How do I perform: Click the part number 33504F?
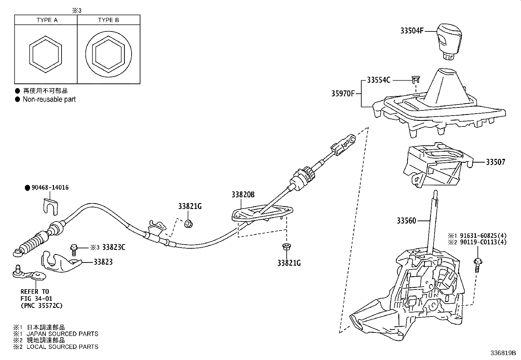click(412, 31)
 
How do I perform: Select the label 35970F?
click(343, 94)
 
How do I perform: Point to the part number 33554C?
click(378, 80)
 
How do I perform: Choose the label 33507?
click(496, 162)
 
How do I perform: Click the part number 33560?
click(406, 221)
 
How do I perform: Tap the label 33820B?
click(243, 195)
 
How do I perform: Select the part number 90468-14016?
click(50, 187)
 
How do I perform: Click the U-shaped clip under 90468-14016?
click(51, 207)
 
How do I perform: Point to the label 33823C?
click(114, 247)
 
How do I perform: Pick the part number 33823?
click(103, 262)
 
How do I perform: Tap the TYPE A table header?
click(47, 20)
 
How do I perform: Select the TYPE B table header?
click(108, 20)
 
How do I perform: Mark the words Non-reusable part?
click(49, 100)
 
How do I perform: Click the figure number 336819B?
click(503, 353)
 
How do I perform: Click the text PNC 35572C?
click(42, 306)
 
